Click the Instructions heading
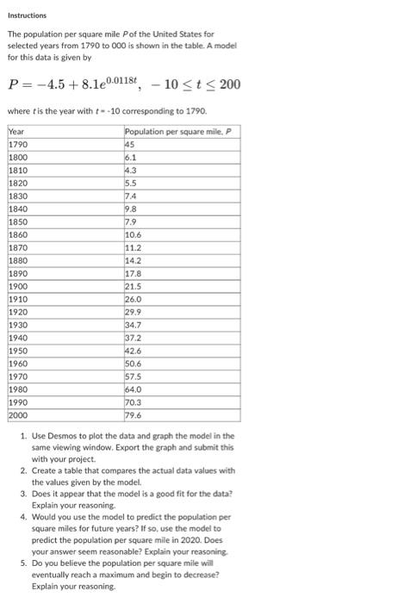click(28, 15)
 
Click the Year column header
click(16, 131)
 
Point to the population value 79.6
click(134, 413)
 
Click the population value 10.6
click(134, 235)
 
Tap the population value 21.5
click(134, 285)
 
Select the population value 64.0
click(134, 389)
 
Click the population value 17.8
click(134, 272)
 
